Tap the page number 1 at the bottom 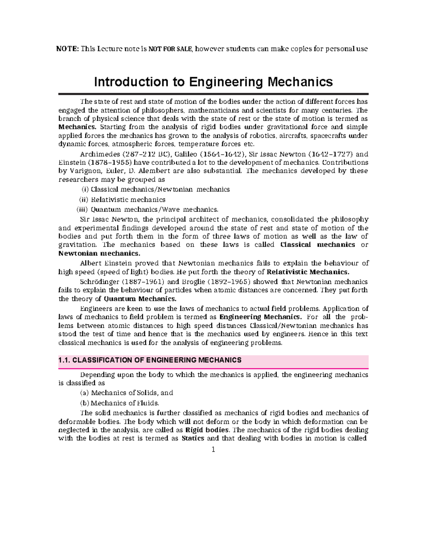point(213,450)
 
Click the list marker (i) point(86,189)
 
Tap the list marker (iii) point(82,209)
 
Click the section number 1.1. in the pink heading point(64,360)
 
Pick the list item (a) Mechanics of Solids point(127,393)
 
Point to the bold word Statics point(193,438)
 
